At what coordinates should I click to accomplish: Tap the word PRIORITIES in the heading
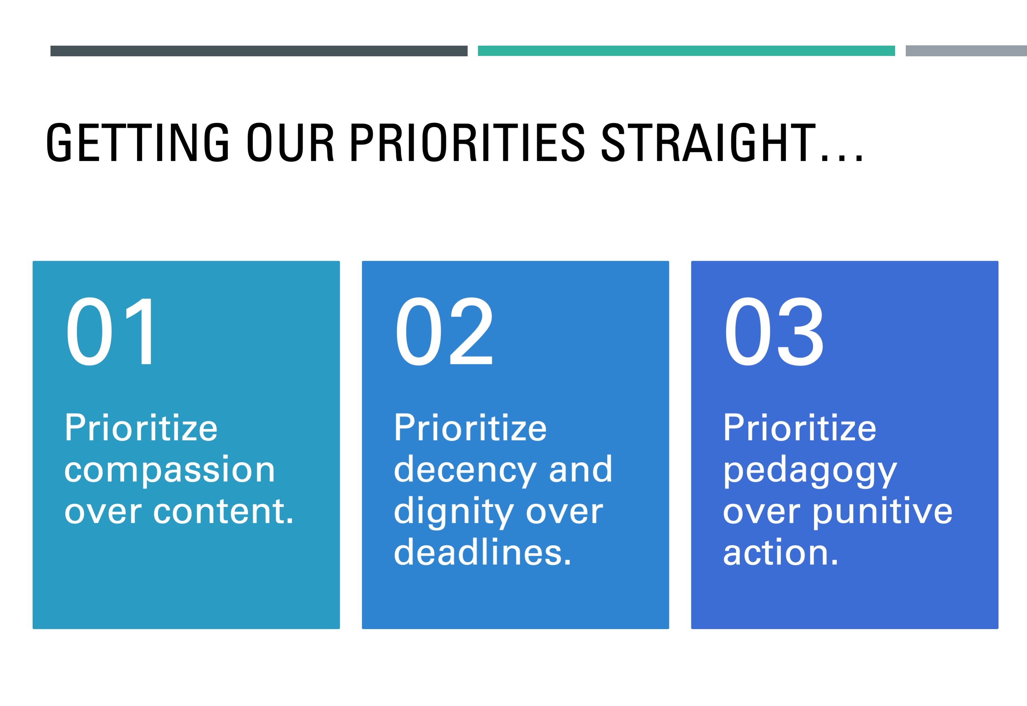(467, 143)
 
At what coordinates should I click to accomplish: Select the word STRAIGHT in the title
(708, 143)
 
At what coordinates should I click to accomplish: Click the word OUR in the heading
(290, 143)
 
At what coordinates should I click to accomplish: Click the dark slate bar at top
(259, 51)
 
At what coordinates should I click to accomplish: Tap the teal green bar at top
(686, 51)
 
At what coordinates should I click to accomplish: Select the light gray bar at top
(966, 51)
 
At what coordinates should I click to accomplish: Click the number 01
(111, 332)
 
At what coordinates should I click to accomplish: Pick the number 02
(444, 332)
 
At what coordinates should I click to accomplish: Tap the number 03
(774, 332)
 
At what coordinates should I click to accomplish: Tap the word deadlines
(482, 553)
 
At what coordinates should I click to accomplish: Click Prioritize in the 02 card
(470, 428)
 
